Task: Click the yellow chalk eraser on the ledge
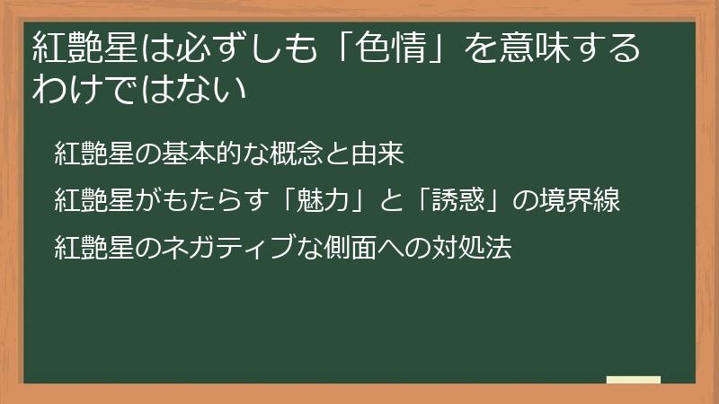tap(633, 380)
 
